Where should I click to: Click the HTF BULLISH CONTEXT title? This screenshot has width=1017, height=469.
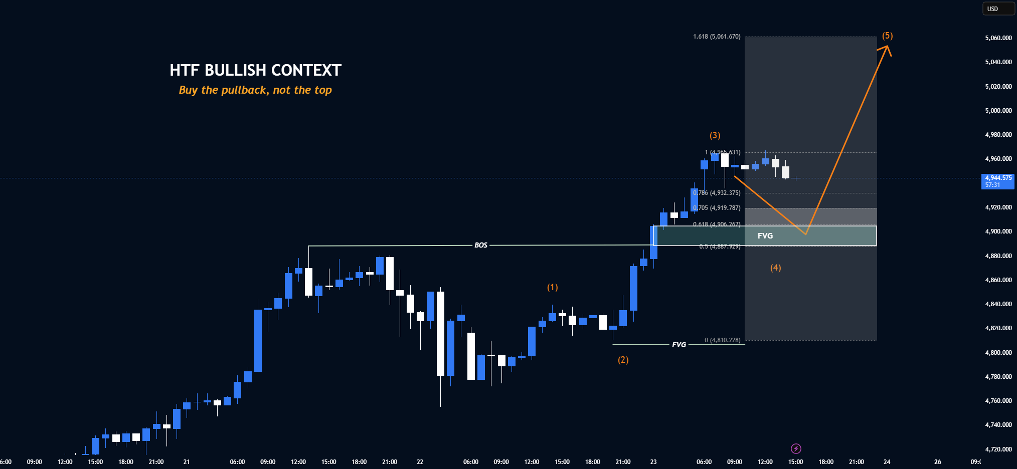point(255,70)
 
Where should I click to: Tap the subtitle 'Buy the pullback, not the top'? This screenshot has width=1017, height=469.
point(255,90)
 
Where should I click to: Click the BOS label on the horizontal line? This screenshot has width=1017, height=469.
point(480,245)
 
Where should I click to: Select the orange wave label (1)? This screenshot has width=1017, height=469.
point(552,287)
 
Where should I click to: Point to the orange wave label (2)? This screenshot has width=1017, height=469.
point(623,360)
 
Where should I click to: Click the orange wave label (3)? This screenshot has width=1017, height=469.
point(715,135)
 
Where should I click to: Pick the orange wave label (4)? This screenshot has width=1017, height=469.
point(775,268)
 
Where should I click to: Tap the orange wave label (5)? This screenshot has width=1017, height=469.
point(887,36)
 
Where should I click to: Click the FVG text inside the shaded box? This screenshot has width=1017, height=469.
point(765,236)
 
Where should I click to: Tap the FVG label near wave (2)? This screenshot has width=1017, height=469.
point(679,345)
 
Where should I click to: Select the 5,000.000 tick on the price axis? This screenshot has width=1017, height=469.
point(998,111)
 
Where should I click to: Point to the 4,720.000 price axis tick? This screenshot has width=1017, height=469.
point(998,449)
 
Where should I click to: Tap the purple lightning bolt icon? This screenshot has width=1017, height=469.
point(796,448)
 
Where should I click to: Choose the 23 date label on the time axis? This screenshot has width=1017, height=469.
point(653,462)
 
